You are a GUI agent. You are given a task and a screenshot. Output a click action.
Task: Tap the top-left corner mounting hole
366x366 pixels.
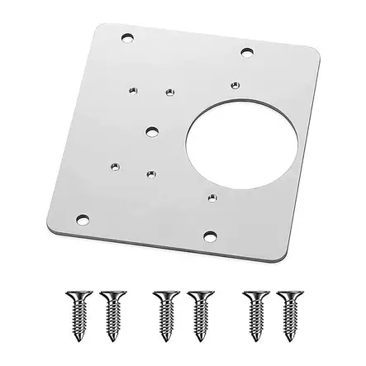[126, 38]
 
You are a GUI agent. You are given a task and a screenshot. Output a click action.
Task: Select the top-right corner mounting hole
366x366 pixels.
[247, 52]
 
